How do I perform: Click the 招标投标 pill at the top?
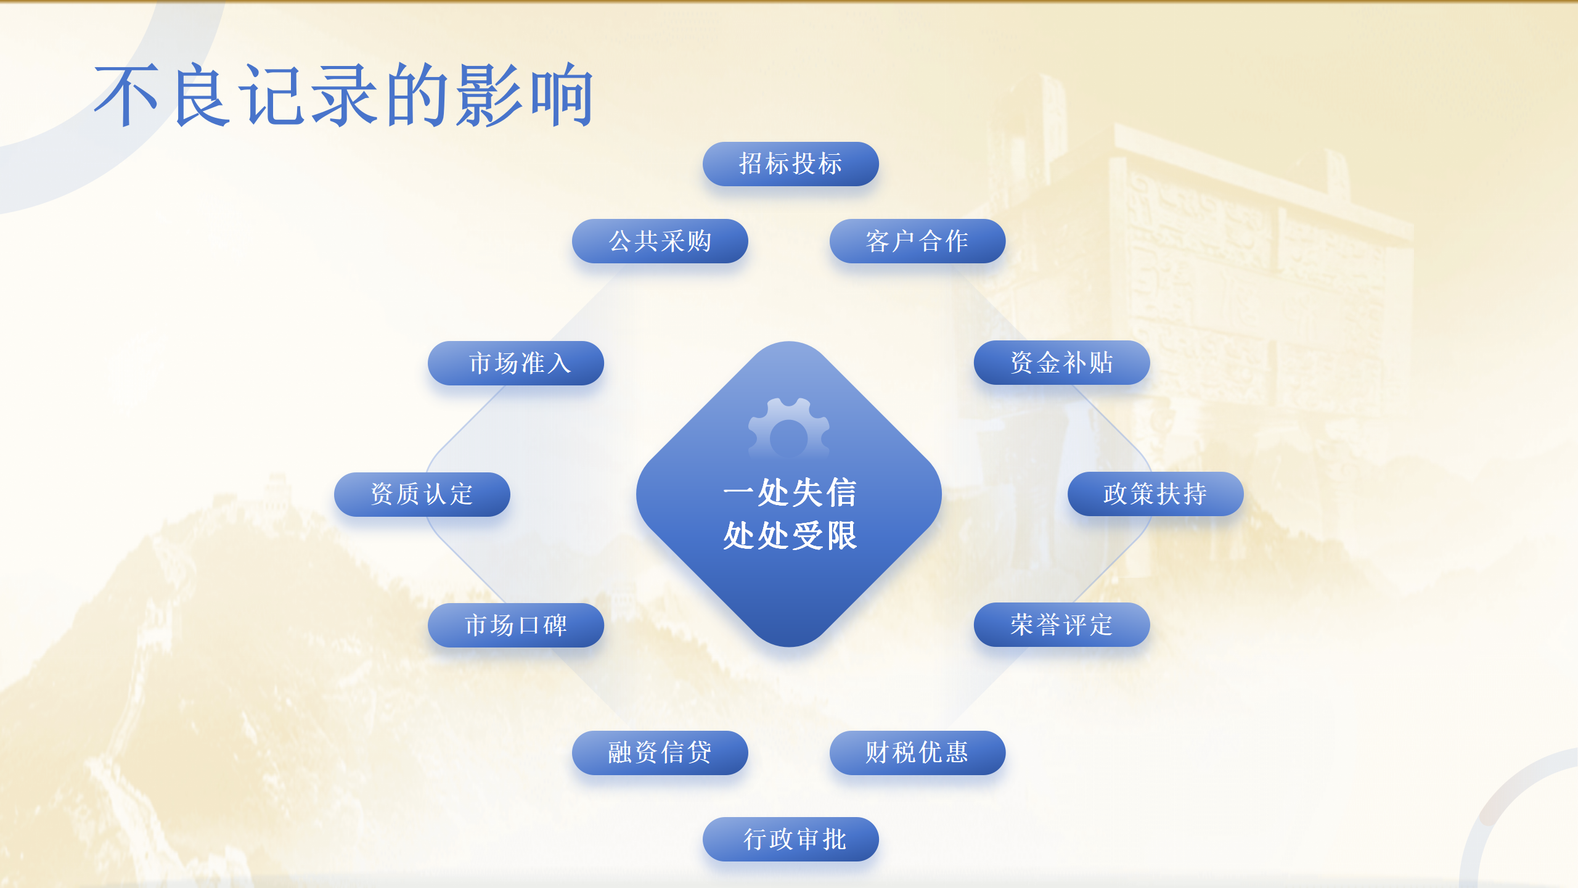click(x=790, y=164)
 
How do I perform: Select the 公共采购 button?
click(x=660, y=241)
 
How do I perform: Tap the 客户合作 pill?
click(x=917, y=241)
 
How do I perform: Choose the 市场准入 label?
click(x=515, y=363)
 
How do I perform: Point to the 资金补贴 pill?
click(x=1061, y=363)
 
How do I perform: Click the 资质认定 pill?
click(x=422, y=495)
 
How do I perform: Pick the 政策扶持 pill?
click(x=1155, y=494)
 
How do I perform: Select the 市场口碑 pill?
click(x=515, y=625)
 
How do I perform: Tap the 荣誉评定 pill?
click(x=1061, y=625)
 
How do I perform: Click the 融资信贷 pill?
click(x=660, y=753)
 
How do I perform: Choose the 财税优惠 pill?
click(x=917, y=753)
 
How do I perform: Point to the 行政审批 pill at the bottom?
click(x=790, y=839)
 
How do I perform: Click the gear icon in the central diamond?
click(x=788, y=429)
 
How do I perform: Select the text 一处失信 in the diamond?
click(x=790, y=493)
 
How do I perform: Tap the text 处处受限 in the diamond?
click(x=790, y=535)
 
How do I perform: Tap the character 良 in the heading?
click(x=202, y=95)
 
